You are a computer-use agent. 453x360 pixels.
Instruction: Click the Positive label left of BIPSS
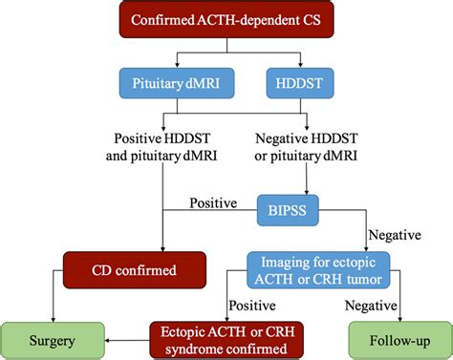212,201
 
